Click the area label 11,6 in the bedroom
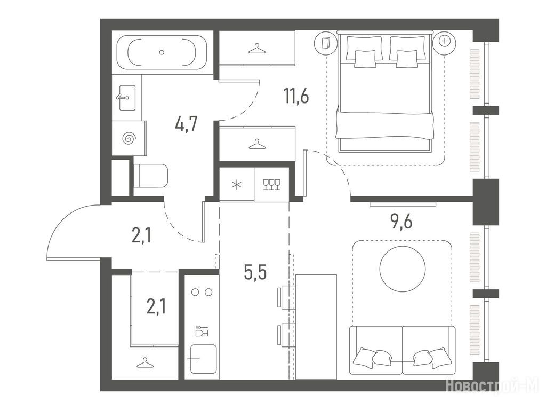(296, 96)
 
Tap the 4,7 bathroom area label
(186, 123)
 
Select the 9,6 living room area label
(402, 221)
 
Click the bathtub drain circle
(161, 52)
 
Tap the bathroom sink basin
(127, 98)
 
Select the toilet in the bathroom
(150, 176)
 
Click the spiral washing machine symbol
(129, 138)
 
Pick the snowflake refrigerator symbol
(237, 185)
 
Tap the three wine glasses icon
(271, 184)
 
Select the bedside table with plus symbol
(444, 42)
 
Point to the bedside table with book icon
(326, 42)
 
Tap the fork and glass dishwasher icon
(202, 330)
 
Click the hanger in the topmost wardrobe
(257, 48)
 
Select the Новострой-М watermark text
(492, 387)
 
